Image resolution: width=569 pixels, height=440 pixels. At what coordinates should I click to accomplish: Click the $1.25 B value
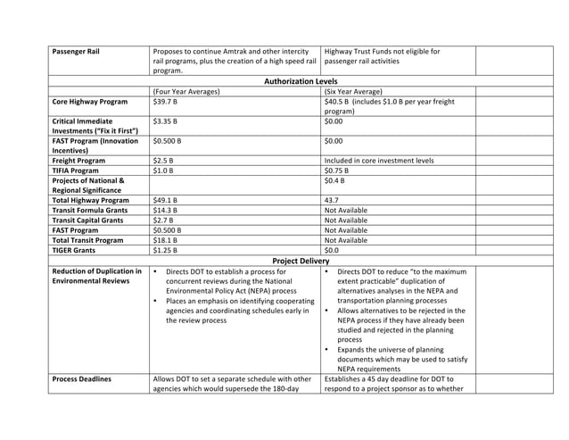165,250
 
